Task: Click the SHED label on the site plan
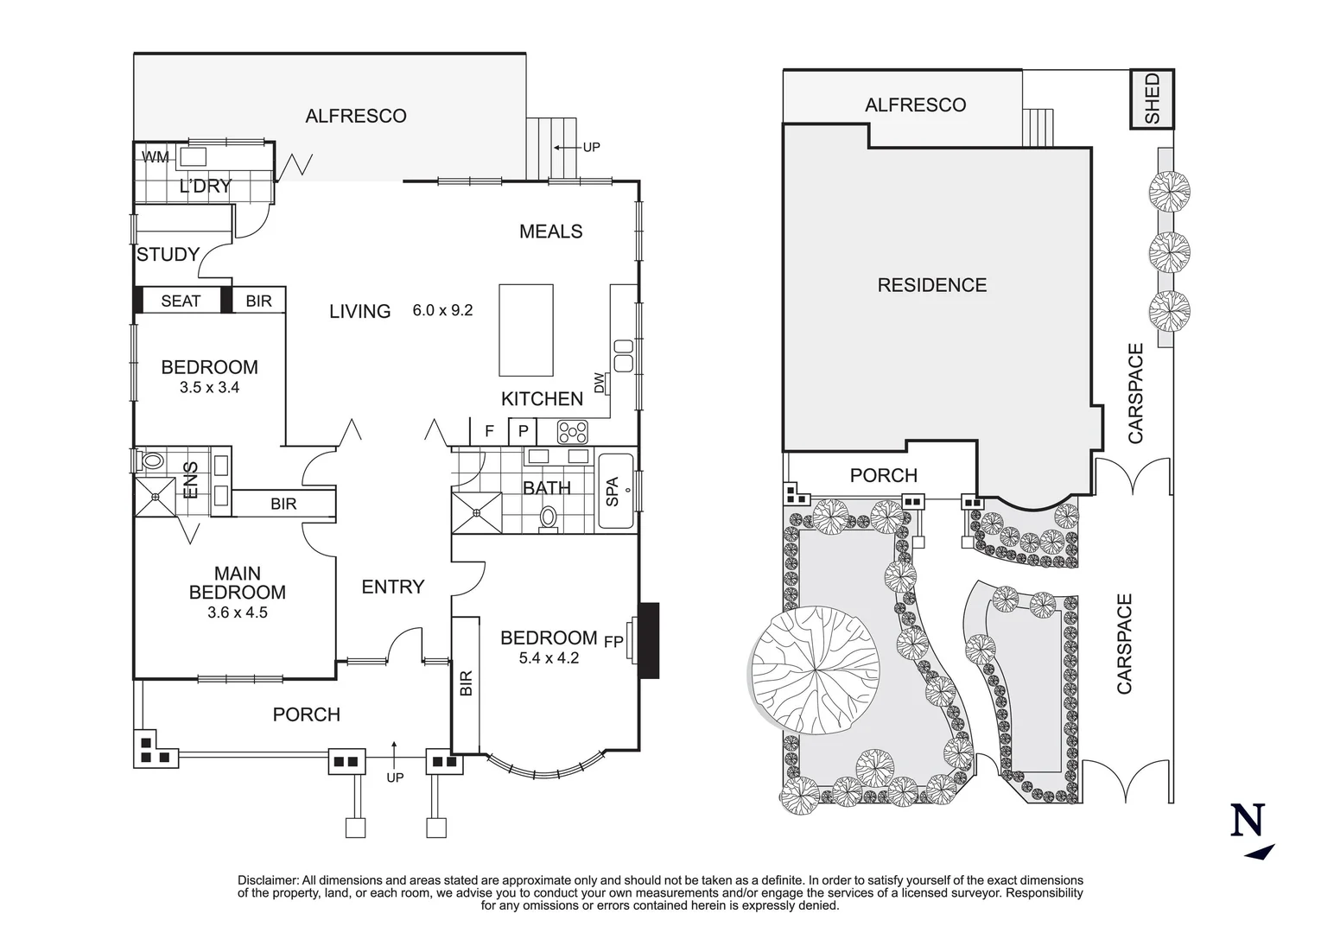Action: (1153, 99)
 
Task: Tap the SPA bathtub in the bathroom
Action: (615, 491)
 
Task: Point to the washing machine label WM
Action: (156, 157)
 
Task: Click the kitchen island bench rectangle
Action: (526, 330)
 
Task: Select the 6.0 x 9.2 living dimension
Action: (442, 310)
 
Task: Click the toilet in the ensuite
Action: (150, 461)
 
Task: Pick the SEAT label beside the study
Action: (181, 301)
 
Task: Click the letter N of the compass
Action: (1248, 820)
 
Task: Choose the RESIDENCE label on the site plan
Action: (931, 285)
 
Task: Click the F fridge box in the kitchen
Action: (489, 430)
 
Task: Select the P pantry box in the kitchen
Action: (523, 430)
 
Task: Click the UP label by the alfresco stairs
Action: (591, 148)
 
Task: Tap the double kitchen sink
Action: (623, 354)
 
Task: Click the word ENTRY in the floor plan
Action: (392, 587)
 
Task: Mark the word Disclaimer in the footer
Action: (267, 879)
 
